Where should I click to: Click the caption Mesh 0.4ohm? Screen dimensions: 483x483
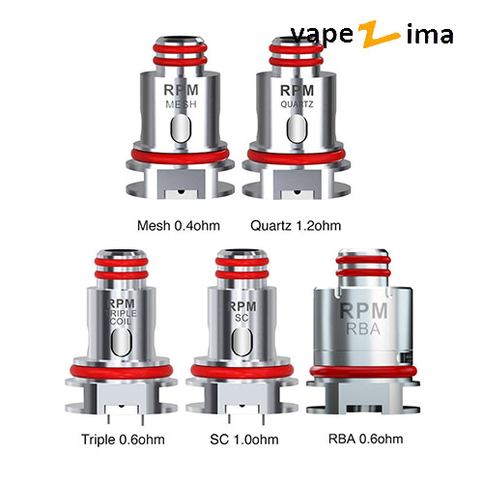tap(179, 226)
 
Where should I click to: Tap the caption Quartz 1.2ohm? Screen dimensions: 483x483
tap(296, 226)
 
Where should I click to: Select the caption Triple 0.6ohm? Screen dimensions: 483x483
tap(123, 440)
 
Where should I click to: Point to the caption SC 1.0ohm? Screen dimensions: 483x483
tap(244, 440)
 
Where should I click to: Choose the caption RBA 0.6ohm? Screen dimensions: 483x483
tap(365, 439)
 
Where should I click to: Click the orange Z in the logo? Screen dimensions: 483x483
tap(380, 34)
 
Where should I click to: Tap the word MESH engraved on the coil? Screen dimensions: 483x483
tap(181, 104)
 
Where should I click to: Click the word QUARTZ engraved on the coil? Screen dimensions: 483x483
tap(297, 104)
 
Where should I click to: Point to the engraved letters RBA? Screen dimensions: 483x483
tap(363, 328)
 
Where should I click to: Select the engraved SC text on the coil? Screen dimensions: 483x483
tap(241, 318)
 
